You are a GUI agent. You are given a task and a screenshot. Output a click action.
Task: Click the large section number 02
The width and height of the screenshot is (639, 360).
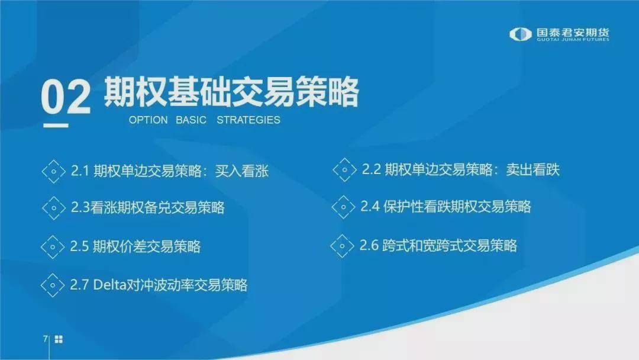pos(66,97)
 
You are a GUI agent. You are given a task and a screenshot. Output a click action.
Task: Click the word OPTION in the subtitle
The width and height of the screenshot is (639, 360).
pos(149,120)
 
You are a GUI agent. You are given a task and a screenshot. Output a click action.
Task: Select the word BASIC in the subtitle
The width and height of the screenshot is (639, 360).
pos(191,120)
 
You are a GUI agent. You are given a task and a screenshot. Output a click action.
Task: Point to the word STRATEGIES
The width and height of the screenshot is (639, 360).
pos(248,120)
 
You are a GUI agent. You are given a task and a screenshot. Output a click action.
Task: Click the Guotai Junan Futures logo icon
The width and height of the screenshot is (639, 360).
pos(521,34)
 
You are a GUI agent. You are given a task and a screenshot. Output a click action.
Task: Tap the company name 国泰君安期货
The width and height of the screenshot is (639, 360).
pos(573,33)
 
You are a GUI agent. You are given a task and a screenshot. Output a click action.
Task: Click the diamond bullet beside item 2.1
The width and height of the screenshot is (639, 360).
pos(54,171)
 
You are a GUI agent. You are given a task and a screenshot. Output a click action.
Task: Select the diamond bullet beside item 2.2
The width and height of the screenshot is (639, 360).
pos(344,169)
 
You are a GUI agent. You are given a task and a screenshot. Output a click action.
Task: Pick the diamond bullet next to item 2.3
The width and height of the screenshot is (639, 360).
pos(54,208)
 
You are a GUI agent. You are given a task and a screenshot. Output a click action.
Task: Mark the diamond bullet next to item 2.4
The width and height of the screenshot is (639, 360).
pos(343,207)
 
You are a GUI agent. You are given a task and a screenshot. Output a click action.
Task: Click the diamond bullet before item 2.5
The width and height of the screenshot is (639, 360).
pos(53,247)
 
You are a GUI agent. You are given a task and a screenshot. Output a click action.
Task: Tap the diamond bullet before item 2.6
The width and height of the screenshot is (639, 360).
pos(342,246)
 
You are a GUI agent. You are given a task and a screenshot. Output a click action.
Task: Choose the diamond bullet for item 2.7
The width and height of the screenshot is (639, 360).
pos(53,285)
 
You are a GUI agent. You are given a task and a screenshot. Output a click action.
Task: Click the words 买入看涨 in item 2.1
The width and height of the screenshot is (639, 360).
pos(242,171)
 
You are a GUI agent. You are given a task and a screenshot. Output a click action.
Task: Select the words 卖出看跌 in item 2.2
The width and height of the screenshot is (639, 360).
pos(533,169)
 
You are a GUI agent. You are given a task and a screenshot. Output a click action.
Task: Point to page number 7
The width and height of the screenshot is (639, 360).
pos(45,339)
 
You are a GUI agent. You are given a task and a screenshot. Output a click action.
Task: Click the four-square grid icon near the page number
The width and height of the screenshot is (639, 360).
pos(59,339)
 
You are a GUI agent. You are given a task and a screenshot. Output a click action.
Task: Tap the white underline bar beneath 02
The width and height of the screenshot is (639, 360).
pos(56,126)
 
